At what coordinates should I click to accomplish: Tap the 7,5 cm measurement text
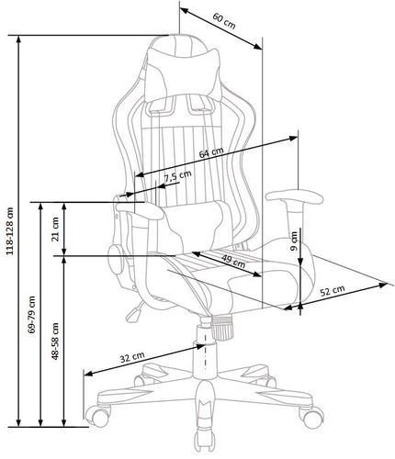pyautogui.click(x=178, y=176)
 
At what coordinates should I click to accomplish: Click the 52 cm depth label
pyautogui.click(x=332, y=290)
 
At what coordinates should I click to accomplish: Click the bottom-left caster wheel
pyautogui.click(x=95, y=420)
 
